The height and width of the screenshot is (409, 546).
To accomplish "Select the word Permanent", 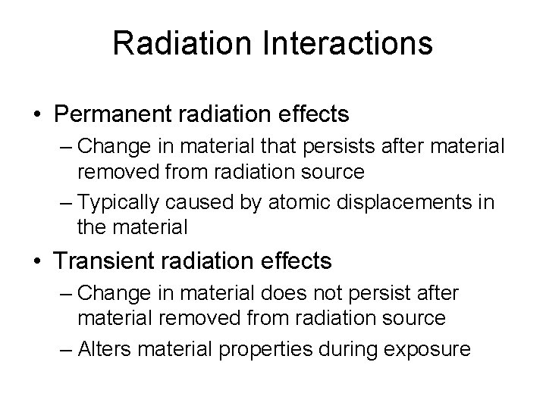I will click(108, 114).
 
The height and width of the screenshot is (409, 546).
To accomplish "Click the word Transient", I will click(100, 261).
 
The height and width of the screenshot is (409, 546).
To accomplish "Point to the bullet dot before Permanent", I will click(37, 115).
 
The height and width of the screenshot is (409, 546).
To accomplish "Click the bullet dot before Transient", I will click(37, 262).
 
